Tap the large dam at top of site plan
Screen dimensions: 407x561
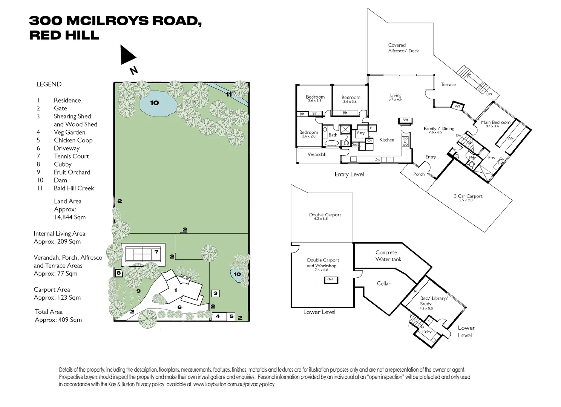155,103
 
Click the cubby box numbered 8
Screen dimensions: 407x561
118,273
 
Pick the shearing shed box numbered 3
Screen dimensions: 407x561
215,293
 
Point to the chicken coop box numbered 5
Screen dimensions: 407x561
231,317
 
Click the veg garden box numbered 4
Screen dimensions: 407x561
218,317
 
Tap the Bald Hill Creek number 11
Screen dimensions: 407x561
229,94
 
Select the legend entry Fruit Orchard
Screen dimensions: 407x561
72,172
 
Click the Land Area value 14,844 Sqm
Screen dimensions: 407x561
70,217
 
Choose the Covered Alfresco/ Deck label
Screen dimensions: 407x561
403,48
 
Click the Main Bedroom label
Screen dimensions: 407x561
495,122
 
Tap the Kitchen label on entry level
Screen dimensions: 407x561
386,140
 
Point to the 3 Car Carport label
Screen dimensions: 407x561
468,196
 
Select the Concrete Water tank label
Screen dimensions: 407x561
388,256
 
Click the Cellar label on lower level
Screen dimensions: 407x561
383,283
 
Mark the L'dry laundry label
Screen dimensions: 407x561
426,332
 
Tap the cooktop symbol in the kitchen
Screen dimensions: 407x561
405,141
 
